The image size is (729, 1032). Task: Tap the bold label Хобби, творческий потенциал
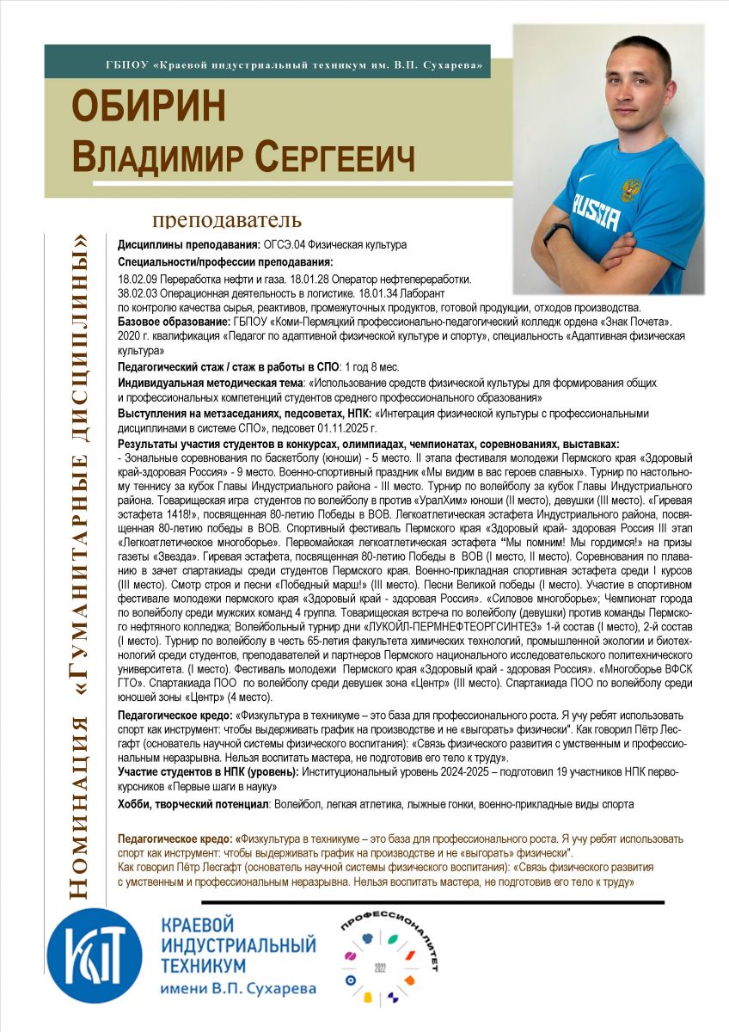[193, 804]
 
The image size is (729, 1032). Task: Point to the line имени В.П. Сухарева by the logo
[238, 989]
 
